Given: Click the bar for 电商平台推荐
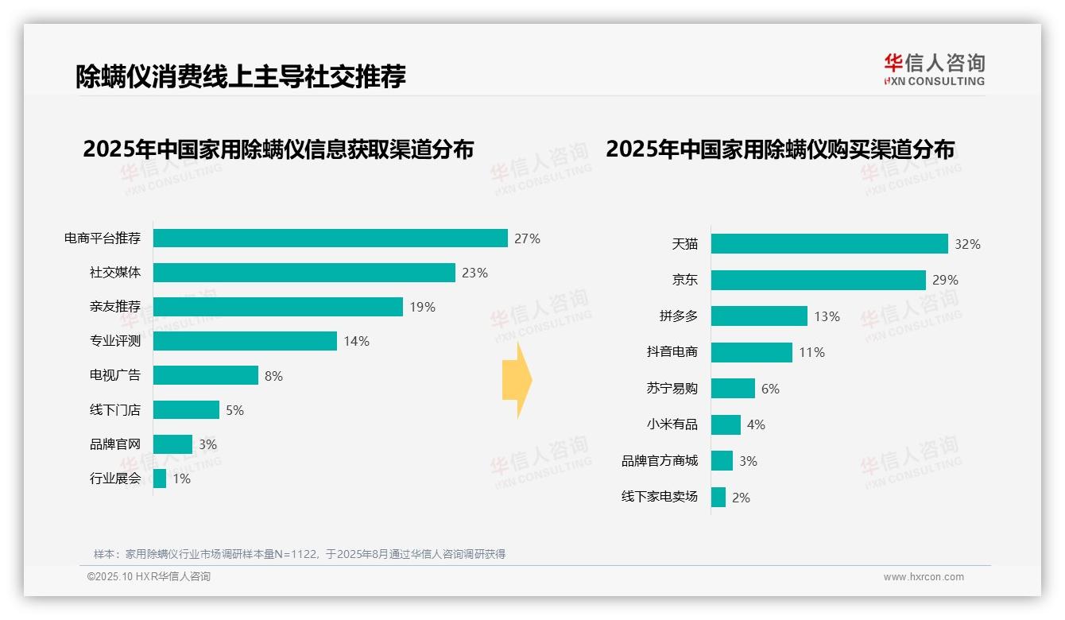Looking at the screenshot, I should pyautogui.click(x=330, y=238).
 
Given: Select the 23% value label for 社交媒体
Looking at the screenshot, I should pyautogui.click(x=474, y=273).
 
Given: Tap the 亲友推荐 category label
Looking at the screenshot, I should pyautogui.click(x=115, y=307).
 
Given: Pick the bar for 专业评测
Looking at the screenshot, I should pyautogui.click(x=245, y=341).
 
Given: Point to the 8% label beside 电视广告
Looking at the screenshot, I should pyautogui.click(x=273, y=376).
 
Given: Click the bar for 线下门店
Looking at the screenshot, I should pyautogui.click(x=186, y=410).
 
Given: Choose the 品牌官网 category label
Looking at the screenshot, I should pyautogui.click(x=115, y=444).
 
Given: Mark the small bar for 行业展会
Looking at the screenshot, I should pyautogui.click(x=160, y=479).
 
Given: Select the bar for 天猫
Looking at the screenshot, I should pyautogui.click(x=829, y=244).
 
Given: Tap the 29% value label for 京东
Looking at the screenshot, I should pyautogui.click(x=946, y=280).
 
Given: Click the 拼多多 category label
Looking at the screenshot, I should pyautogui.click(x=678, y=316).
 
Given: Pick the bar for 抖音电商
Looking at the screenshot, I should pyautogui.click(x=751, y=352).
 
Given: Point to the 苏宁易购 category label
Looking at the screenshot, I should pyautogui.click(x=672, y=389).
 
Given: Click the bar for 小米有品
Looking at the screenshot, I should pyautogui.click(x=726, y=424).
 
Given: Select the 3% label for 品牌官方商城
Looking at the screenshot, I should pyautogui.click(x=748, y=461).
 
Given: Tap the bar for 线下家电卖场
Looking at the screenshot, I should pyautogui.click(x=718, y=498).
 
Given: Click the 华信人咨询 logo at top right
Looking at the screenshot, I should pyautogui.click(x=934, y=69).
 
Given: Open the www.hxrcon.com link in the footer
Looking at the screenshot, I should pyautogui.click(x=923, y=577).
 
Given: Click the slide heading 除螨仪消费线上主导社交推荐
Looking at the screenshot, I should pyautogui.click(x=241, y=76).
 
